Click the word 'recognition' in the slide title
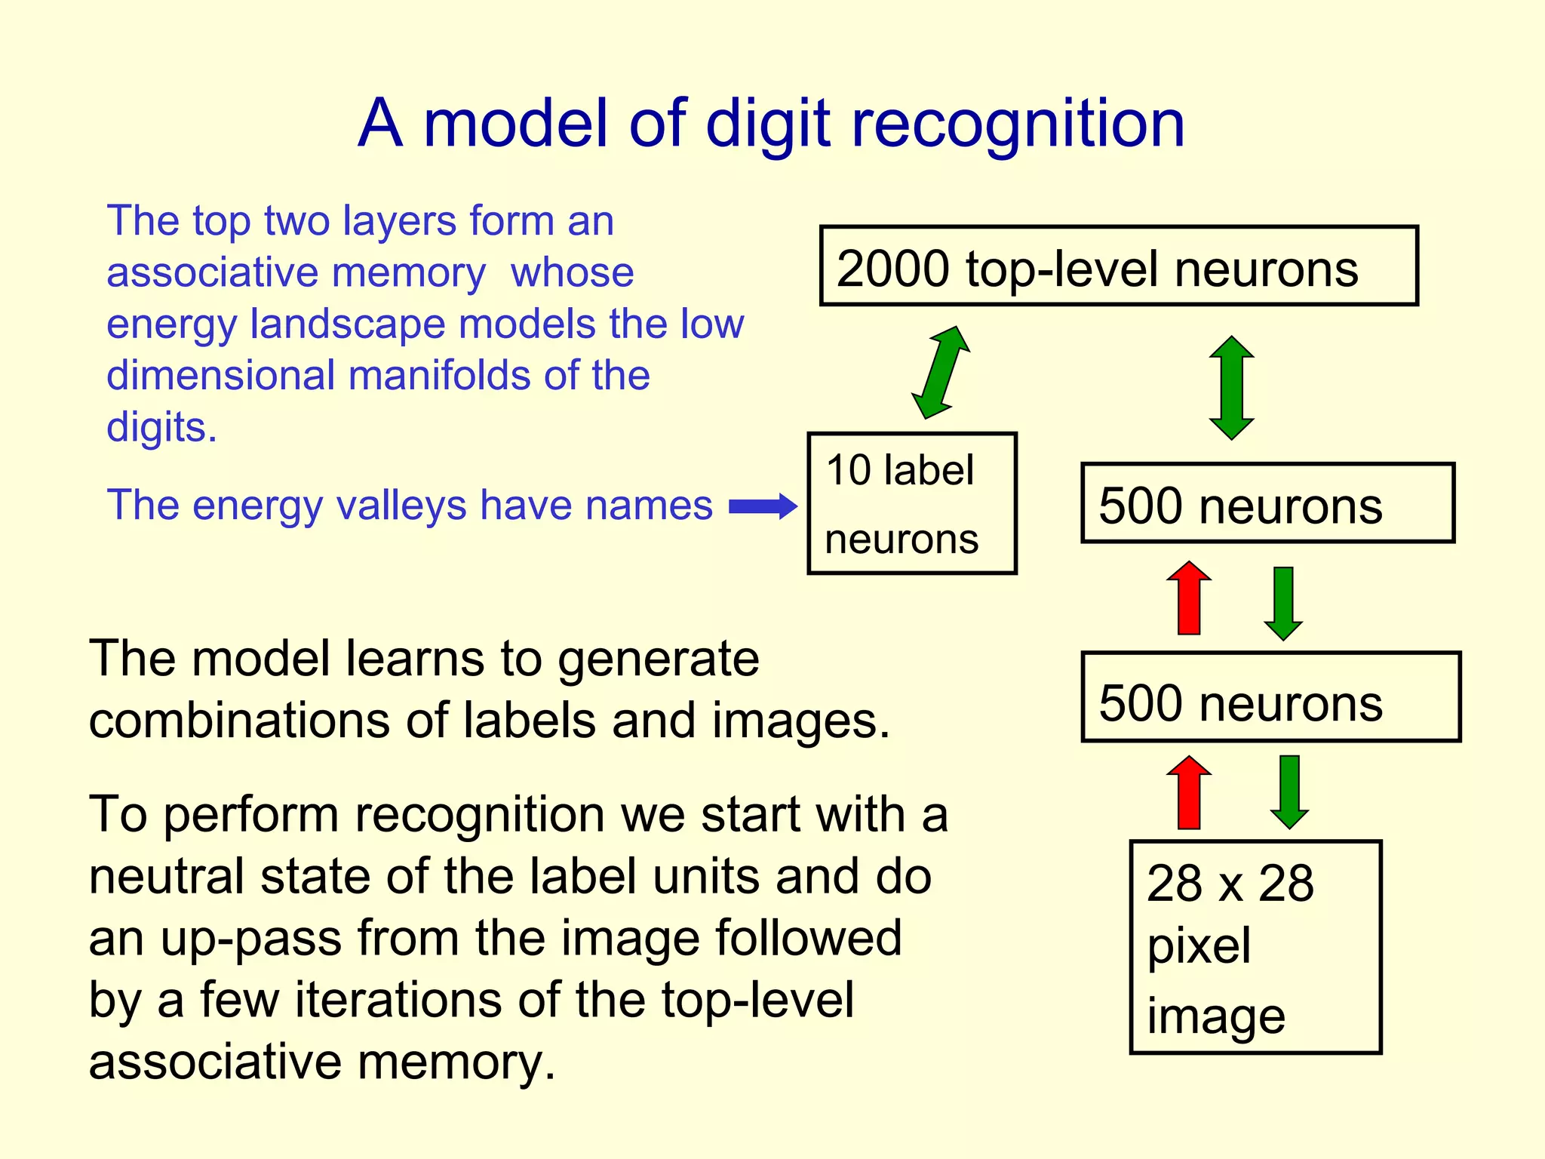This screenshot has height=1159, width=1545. pyautogui.click(x=1018, y=125)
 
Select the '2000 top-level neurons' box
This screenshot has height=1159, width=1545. pyautogui.click(x=1119, y=266)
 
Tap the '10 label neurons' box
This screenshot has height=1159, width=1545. pyautogui.click(x=912, y=503)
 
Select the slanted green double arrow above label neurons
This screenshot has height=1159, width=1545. pyautogui.click(x=941, y=372)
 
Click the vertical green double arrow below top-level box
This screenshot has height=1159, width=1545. pyautogui.click(x=1231, y=388)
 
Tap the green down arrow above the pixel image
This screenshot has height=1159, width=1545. pyautogui.click(x=1289, y=792)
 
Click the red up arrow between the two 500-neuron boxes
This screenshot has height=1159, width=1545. pyautogui.click(x=1189, y=598)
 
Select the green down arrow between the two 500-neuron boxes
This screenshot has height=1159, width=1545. pyautogui.click(x=1283, y=603)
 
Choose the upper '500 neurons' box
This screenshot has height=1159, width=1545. pyautogui.click(x=1267, y=503)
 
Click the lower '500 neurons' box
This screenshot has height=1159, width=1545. pyautogui.click(x=1270, y=697)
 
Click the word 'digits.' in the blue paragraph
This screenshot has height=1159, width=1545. pyautogui.click(x=161, y=427)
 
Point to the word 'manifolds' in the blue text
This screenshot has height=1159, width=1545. pyautogui.click(x=441, y=375)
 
